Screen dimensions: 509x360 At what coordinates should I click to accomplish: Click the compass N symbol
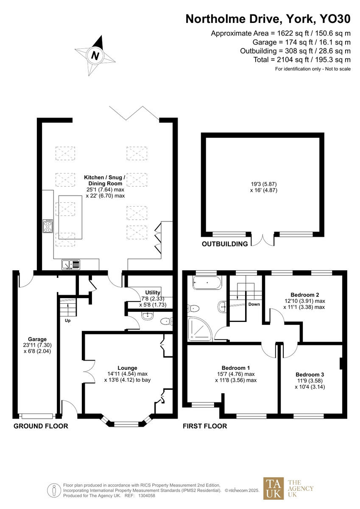tap(96, 55)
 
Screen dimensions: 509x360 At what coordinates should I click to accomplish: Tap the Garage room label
tap(37, 339)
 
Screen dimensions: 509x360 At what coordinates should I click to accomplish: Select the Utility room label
tap(153, 293)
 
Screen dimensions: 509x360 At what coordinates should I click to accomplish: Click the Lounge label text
tap(127, 368)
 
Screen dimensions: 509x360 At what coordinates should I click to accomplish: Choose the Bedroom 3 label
tap(310, 375)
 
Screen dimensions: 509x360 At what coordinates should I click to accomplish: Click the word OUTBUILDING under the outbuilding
tap(225, 244)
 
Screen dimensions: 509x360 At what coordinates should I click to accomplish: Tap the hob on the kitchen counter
tap(47, 227)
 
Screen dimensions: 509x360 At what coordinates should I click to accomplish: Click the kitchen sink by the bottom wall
tap(71, 265)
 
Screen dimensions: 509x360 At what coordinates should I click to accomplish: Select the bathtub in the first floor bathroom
tap(207, 282)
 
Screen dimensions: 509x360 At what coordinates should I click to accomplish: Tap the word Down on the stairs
tap(254, 304)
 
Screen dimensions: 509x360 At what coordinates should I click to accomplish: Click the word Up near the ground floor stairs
tap(67, 321)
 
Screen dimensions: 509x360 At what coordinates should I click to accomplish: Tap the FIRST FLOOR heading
tap(205, 426)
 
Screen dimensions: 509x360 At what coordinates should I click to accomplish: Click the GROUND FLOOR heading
tap(41, 426)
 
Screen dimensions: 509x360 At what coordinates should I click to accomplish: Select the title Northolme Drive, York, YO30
tap(268, 19)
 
